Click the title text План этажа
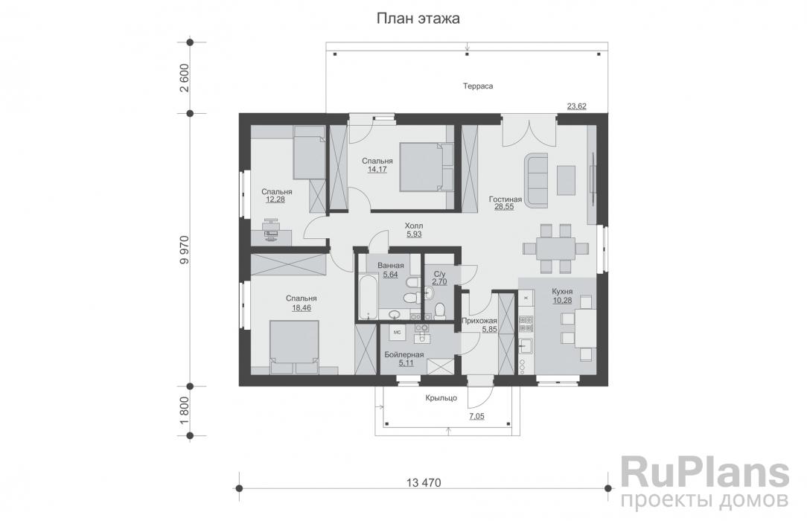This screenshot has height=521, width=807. pos(417,19)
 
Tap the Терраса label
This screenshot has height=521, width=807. pos(478,86)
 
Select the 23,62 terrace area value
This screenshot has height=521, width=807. pos(577,106)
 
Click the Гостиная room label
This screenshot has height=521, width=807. pos(505,199)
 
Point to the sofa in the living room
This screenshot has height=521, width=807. pos(536,180)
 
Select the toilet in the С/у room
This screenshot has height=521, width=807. pos(439,310)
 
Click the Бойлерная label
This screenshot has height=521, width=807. pos(404,355)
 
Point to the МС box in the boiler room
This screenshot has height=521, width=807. pos(398,332)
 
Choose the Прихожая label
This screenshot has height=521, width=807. pos(479,321)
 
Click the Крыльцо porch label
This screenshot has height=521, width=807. pos(441,399)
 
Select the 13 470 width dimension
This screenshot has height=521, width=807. pos(424,482)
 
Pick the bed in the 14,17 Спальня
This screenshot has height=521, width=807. pos(426,167)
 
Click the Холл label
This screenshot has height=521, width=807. pos(414,226)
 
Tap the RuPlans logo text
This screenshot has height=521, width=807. pos(704,473)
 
